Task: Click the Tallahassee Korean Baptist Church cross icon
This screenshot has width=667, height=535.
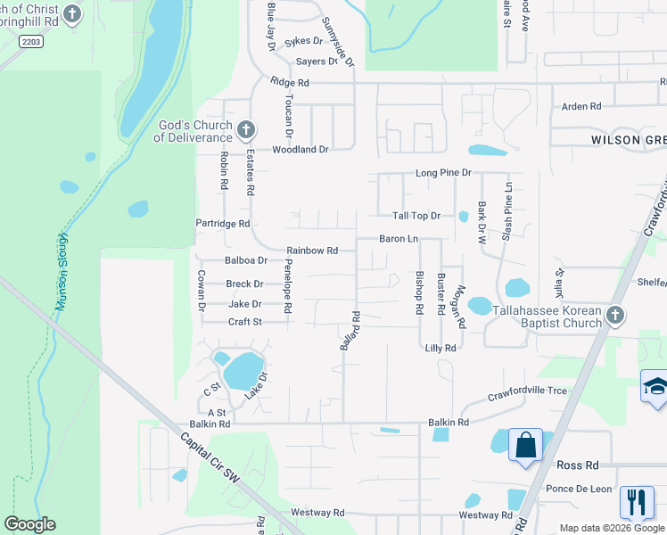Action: coord(614,316)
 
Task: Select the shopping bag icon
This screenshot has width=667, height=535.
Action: coord(525,443)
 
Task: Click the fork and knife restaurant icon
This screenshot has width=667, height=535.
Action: coord(637,502)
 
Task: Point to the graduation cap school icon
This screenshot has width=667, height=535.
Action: coord(655,386)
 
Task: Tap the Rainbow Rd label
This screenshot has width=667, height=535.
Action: coord(312,251)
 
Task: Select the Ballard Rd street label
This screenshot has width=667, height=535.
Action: coord(349,329)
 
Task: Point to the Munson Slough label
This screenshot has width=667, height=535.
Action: coord(62,271)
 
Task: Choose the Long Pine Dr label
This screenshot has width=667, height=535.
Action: coord(442,172)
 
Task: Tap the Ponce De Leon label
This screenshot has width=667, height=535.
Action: coord(579,489)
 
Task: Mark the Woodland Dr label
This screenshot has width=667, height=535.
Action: coord(301,150)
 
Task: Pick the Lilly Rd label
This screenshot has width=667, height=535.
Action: coord(441,349)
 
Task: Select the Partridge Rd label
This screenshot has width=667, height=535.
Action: coord(223,224)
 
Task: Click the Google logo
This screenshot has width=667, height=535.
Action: coord(30,524)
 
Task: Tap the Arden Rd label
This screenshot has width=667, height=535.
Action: coord(581,107)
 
